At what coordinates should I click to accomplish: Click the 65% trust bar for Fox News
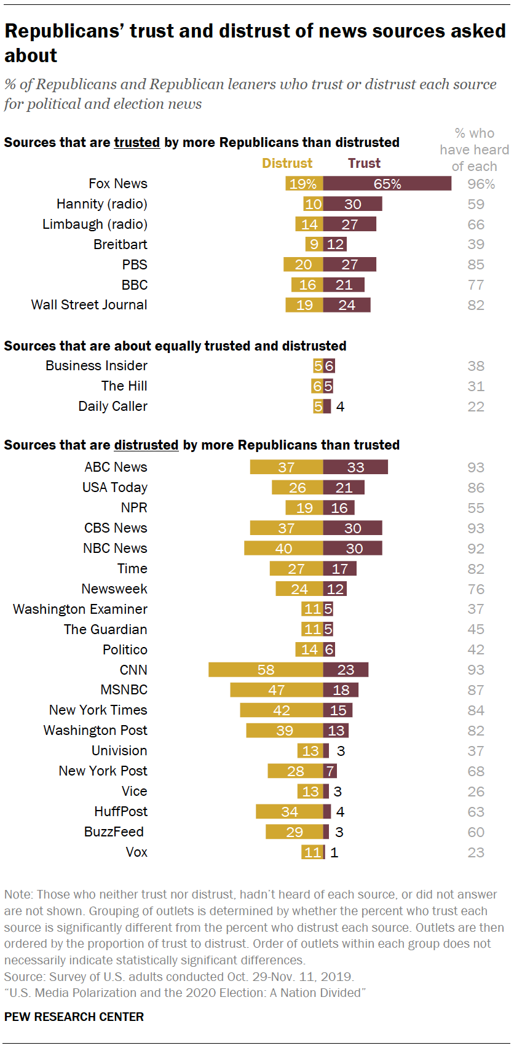pos(387,183)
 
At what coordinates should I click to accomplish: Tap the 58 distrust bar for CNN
pos(266,669)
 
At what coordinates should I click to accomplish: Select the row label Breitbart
pos(121,244)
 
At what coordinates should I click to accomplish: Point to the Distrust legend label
pos(287,163)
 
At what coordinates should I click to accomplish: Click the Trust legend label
pos(364,163)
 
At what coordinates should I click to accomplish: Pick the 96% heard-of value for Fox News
pos(481,184)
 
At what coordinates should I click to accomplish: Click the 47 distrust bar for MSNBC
pos(277,689)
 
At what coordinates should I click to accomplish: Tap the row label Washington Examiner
pos(80,609)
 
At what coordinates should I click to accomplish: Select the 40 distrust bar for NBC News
pos(283,548)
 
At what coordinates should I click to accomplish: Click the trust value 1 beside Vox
pos(334,852)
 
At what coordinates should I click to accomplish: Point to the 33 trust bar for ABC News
pos(355,467)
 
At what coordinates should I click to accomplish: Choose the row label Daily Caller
pos(113,406)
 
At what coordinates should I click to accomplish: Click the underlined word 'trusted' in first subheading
pos(136,143)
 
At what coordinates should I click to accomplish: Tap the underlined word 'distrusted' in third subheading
pos(146,445)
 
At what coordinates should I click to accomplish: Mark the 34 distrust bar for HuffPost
pos(290,811)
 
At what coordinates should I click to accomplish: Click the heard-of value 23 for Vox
pos(476,852)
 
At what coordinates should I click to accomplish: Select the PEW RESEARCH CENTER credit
pos(74,1017)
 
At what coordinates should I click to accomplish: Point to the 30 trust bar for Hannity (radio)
pos(353,204)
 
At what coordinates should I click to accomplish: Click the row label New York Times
pos(98,710)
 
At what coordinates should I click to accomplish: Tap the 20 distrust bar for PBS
pos(303,264)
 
